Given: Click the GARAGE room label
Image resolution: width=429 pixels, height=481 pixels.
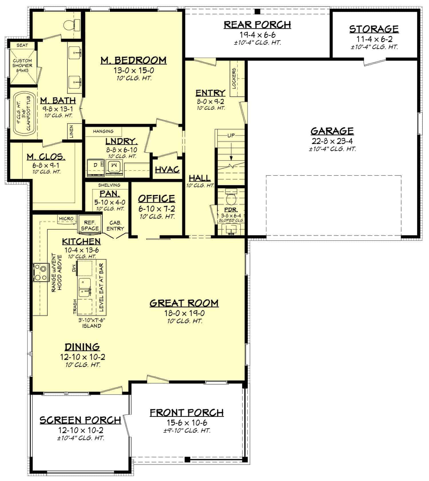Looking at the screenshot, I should [332, 131].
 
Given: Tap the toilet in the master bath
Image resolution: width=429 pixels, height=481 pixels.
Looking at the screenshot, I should [70, 25].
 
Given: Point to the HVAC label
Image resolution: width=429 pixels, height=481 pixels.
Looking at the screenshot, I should [167, 170].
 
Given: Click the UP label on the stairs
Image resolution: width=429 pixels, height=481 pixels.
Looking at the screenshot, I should [231, 135].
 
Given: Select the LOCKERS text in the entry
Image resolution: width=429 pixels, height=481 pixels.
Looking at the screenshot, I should [234, 78].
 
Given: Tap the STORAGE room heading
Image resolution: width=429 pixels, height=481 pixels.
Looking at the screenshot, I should [374, 29].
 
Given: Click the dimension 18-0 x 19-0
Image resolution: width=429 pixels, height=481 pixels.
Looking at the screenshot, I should [184, 313].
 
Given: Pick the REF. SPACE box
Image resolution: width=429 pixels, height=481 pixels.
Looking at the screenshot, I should [90, 225].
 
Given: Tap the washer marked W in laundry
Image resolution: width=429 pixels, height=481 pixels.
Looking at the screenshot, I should [114, 166].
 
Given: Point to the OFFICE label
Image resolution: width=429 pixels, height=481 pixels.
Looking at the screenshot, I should [156, 198].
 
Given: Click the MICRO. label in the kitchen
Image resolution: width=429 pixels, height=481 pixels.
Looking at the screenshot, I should [67, 219].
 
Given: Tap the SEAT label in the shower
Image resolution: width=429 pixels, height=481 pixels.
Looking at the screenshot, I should [22, 45].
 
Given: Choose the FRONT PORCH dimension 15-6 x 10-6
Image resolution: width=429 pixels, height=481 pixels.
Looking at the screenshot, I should [187, 423].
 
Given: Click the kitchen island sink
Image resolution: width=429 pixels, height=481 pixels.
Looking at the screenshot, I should [85, 289].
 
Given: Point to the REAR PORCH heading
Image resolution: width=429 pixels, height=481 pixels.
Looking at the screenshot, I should [257, 25].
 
